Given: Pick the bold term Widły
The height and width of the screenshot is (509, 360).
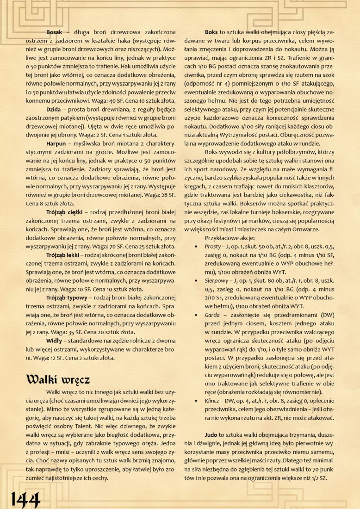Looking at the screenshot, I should [x=55, y=341].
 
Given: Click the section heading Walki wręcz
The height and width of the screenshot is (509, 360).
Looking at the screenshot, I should [x=58, y=379].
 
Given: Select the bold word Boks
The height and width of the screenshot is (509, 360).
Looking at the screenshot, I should [x=211, y=32].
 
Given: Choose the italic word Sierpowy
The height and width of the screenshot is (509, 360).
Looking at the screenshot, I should [x=216, y=280].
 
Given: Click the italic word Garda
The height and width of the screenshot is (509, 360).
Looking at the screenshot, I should [x=213, y=315].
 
